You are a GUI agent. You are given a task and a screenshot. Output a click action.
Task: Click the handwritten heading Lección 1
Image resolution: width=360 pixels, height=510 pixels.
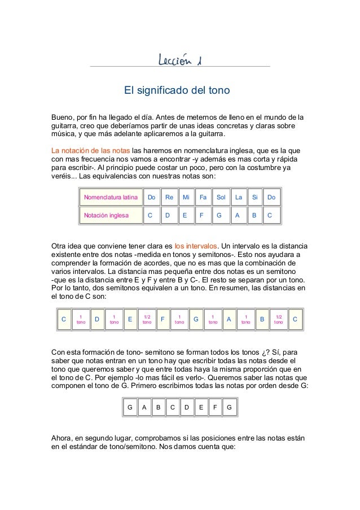[x=179, y=60]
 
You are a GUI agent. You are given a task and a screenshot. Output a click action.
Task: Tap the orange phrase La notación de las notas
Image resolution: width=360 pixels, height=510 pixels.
[x=90, y=151]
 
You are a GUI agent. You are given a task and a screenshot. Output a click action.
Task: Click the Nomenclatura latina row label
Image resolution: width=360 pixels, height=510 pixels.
[x=111, y=198]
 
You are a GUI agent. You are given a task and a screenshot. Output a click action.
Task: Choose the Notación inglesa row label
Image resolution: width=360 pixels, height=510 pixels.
[x=106, y=215]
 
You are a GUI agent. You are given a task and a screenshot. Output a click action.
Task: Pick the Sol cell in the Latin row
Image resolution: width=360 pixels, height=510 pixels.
[x=221, y=198]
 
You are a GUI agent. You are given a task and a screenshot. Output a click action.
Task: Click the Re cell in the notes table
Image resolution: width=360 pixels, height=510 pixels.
[x=168, y=198]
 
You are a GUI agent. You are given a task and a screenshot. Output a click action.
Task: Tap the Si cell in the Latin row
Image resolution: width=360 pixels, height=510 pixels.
[x=254, y=198]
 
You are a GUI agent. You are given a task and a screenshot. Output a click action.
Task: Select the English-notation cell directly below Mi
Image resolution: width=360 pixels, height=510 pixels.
[x=185, y=215]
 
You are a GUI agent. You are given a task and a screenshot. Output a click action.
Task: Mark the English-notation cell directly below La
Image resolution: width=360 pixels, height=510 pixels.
[x=238, y=215]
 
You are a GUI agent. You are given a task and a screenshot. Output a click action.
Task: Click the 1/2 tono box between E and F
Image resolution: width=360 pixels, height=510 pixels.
[x=147, y=320]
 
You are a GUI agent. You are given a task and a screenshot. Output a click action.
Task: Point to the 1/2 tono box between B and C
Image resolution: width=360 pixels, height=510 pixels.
[x=278, y=320]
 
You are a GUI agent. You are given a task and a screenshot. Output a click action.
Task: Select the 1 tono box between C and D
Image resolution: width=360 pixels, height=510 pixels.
[x=81, y=320]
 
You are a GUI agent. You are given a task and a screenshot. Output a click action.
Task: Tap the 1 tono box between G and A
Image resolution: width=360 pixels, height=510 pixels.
[x=212, y=320]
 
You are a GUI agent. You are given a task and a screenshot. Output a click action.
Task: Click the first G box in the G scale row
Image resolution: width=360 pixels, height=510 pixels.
[x=130, y=407]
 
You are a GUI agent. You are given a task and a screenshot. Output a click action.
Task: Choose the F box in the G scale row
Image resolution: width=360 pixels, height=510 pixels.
[x=216, y=407]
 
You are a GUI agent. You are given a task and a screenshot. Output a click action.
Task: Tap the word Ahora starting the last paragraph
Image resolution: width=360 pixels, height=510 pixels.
[x=62, y=437]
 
